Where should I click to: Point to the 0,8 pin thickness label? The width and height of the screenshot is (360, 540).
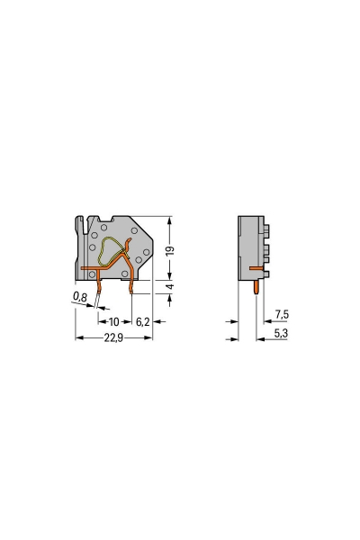[x=80, y=295]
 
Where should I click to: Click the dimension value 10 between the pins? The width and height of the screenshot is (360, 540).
[x=114, y=320]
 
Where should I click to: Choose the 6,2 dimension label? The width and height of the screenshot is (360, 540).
[x=142, y=320]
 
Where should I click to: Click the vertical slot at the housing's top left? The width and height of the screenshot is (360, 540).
[x=82, y=224]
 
